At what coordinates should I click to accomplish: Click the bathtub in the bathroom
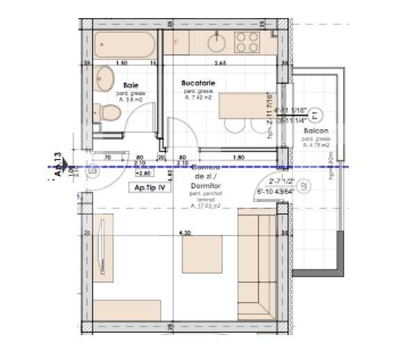[126, 44]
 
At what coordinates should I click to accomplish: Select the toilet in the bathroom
[106, 112]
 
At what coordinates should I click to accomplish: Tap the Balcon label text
[315, 131]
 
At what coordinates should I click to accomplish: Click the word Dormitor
[204, 188]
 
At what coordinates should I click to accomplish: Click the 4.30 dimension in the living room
[184, 233]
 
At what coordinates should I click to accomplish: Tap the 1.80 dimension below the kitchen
[238, 158]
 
